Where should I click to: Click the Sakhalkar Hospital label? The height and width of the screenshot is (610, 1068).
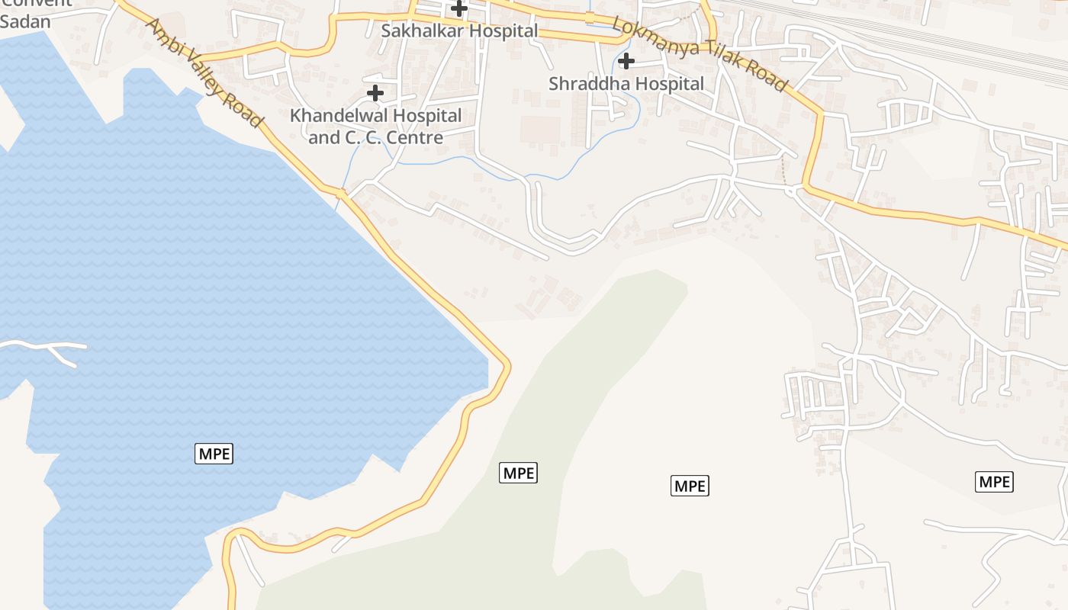click(x=459, y=31)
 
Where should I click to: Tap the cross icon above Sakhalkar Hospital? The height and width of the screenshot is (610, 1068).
click(x=459, y=8)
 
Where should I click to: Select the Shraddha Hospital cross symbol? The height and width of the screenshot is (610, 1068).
click(x=626, y=60)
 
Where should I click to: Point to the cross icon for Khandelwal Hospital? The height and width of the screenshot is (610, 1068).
click(x=375, y=93)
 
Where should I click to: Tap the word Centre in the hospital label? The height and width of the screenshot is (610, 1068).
click(x=415, y=138)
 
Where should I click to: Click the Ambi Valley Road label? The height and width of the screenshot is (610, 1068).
click(x=204, y=73)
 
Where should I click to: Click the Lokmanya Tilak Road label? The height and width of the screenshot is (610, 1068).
click(x=699, y=55)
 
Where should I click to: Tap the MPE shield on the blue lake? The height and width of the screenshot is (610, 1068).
click(x=214, y=453)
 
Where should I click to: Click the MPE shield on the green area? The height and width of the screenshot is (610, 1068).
click(x=518, y=473)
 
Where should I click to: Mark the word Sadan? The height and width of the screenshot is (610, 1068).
click(x=25, y=21)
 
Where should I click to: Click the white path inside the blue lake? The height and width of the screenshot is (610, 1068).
click(x=46, y=349)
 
